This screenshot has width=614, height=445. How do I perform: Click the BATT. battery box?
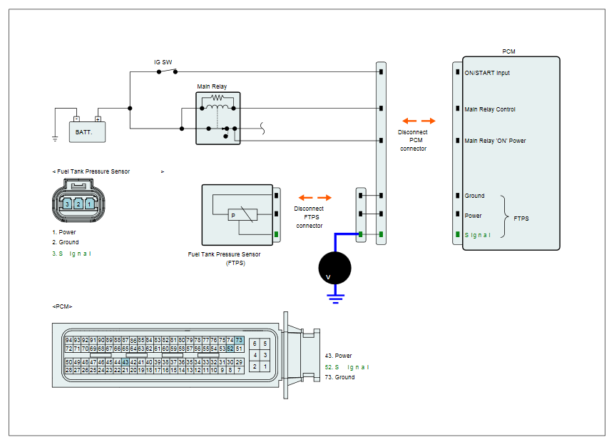87,131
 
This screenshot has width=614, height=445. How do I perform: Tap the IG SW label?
163,62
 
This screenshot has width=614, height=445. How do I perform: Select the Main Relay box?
218,118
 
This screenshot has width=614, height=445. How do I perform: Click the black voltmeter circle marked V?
334,268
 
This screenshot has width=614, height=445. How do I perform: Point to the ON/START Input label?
487,73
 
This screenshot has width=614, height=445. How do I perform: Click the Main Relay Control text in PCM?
490,109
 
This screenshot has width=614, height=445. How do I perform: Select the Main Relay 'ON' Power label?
495,141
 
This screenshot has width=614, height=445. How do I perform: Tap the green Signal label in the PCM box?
477,235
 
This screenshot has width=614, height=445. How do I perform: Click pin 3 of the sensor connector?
67,204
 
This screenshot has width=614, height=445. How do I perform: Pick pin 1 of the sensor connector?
89,204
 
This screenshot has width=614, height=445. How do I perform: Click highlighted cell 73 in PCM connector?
239,340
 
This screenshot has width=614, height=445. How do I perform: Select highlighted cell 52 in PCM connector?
230,348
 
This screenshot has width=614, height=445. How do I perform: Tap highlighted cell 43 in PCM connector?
126,362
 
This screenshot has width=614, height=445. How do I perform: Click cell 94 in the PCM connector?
69,340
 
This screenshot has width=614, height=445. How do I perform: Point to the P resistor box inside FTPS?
242,215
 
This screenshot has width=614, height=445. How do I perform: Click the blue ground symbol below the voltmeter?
336,299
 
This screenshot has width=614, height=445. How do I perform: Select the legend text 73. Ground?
340,377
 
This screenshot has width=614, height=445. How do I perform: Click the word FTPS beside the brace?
521,219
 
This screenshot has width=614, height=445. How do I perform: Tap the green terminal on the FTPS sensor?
277,234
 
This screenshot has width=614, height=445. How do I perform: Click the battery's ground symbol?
55,139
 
